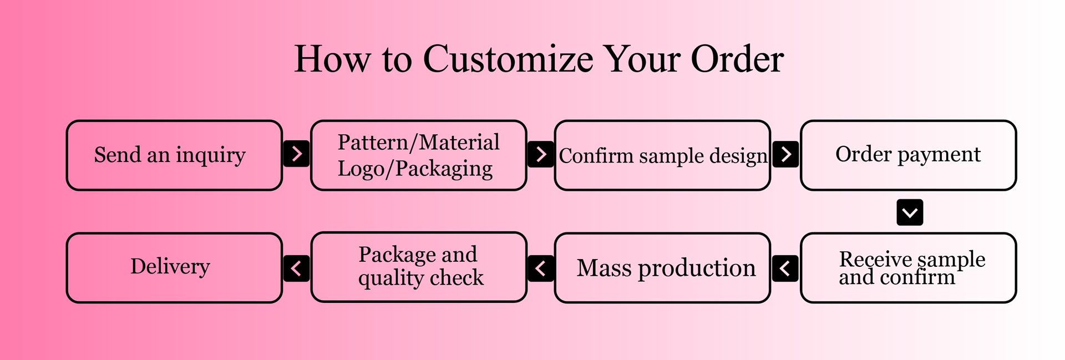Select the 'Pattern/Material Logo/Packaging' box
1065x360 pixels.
tap(418, 155)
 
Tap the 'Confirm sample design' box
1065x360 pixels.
tap(662, 155)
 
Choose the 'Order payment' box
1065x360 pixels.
tap(908, 155)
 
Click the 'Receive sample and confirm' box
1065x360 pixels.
tap(908, 268)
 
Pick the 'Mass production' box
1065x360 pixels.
tap(662, 268)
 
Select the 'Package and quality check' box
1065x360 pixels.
tap(418, 267)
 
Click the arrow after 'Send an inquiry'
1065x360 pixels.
tap(297, 154)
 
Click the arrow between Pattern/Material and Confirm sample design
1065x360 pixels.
tap(541, 154)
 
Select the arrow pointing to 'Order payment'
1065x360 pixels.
tap(785, 154)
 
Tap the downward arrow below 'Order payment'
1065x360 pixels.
tap(910, 212)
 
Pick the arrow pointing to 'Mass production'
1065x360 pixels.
tap(785, 268)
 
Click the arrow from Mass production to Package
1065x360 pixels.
tap(541, 268)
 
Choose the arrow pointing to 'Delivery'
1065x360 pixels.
tap(297, 268)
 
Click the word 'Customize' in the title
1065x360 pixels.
tap(508, 59)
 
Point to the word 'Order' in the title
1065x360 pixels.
tap(737, 59)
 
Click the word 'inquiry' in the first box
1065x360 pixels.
tap(211, 155)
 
